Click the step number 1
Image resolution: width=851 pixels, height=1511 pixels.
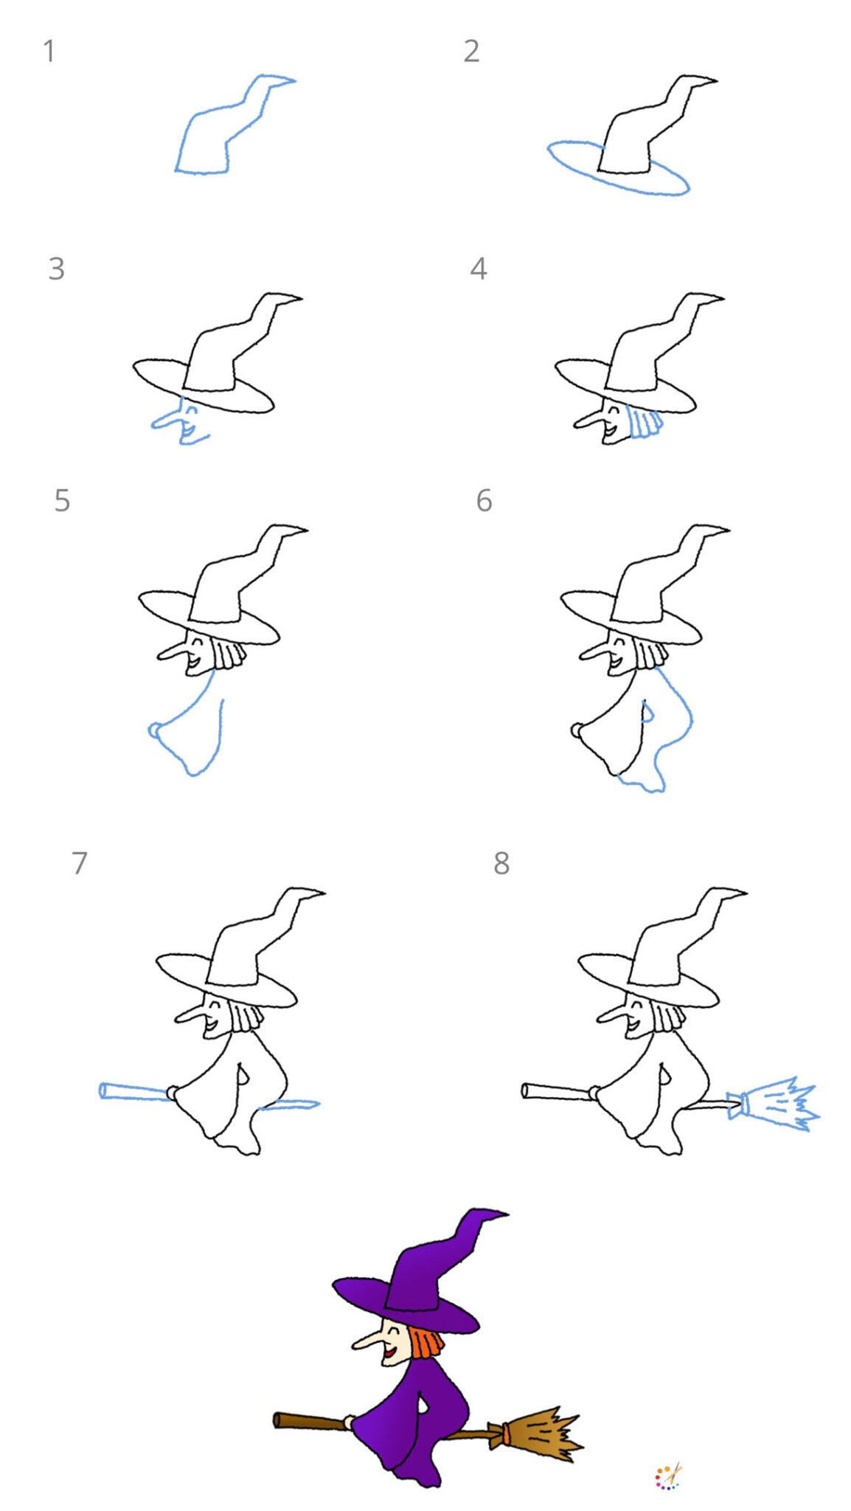pos(49,52)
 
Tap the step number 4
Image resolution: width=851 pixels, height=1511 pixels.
pos(478,269)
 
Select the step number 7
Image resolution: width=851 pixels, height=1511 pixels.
pos(79,862)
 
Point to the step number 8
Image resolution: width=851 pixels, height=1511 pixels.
pos(501,862)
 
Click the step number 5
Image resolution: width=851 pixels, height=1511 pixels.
pos(62,501)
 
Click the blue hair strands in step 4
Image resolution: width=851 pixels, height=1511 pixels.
pos(645,423)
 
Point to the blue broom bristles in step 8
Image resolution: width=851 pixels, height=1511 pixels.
pos(782,1104)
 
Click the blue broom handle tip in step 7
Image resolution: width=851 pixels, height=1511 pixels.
pos(103,1090)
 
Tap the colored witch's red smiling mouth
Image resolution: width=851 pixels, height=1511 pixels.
pos(386,1355)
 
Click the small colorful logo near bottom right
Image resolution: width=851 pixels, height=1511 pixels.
pos(668,1476)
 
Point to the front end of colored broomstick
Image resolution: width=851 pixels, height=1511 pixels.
pos(278,1420)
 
